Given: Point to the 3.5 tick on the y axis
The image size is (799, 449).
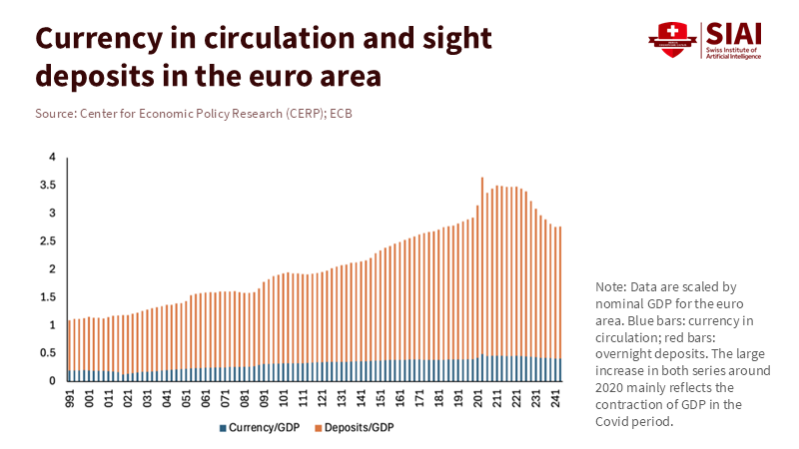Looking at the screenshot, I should tap(46, 186).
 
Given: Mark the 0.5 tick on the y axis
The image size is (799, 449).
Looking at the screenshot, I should tap(46, 353).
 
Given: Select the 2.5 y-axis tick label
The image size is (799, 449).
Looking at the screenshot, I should tap(46, 241).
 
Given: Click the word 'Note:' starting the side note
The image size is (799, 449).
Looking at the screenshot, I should tap(610, 286).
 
